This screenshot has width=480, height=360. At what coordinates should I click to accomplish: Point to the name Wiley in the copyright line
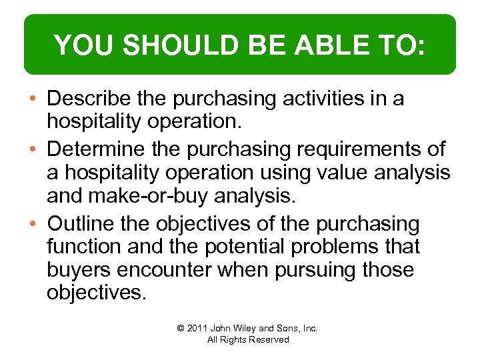click(x=244, y=328)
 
